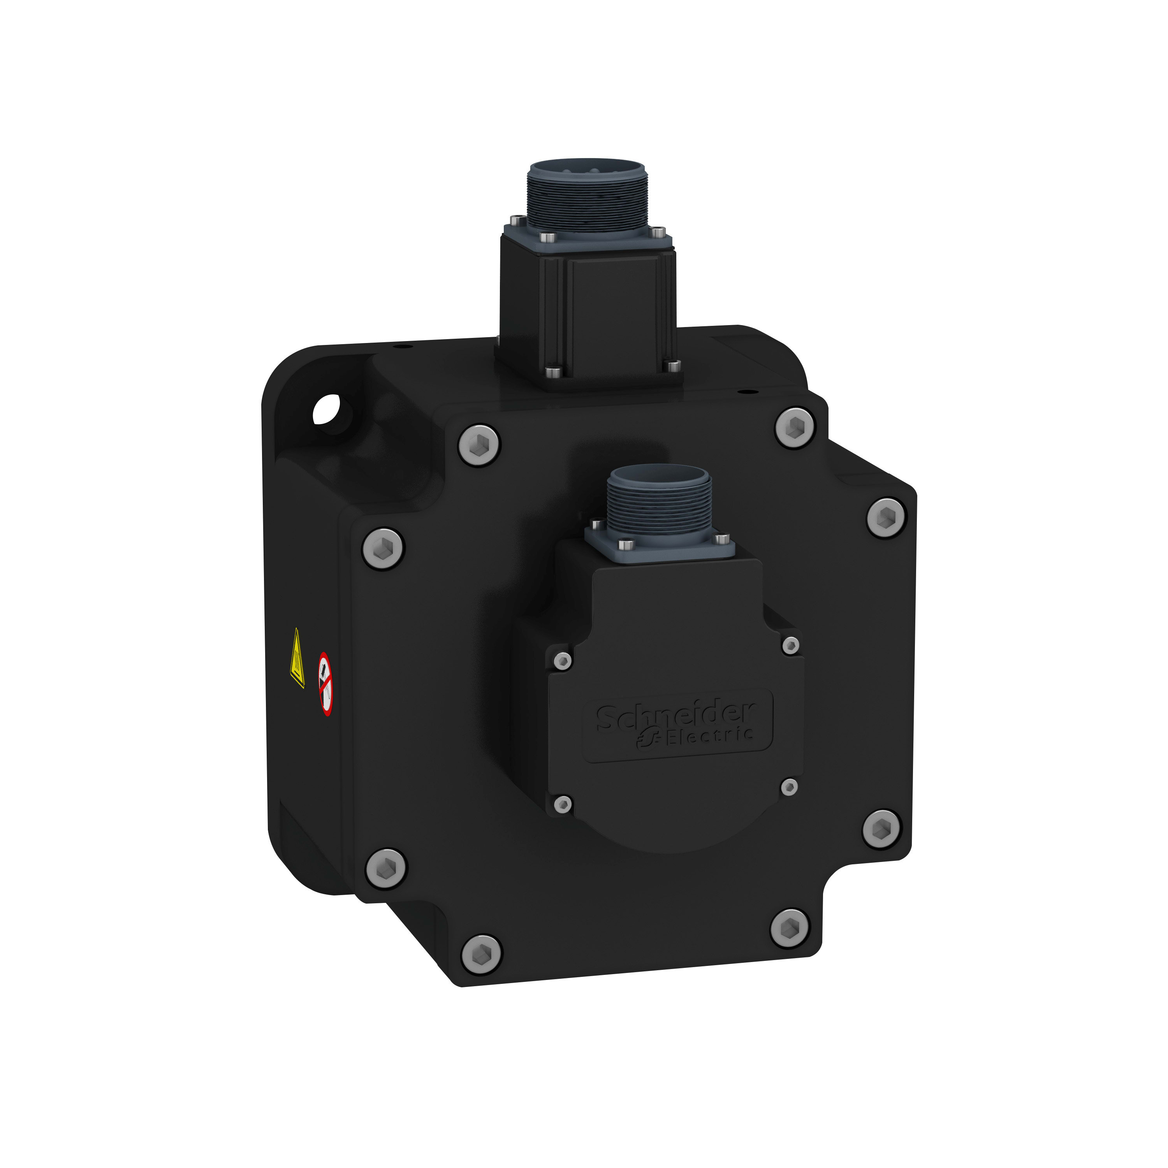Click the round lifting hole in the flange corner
click(327, 409)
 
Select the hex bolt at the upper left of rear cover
click(479, 445)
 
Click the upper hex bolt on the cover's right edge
click(886, 517)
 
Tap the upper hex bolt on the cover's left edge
click(383, 548)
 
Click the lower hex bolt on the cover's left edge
click(386, 868)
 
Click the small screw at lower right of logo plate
click(789, 786)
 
